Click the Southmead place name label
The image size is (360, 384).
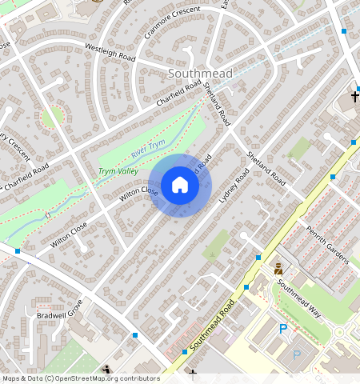point(201,74)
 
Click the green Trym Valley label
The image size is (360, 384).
point(118,171)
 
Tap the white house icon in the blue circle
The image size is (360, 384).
point(180,186)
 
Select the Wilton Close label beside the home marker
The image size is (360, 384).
point(138,193)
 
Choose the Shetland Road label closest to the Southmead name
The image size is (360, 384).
point(216,103)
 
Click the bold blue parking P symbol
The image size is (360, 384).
point(283,330)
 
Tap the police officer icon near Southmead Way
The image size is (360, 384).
point(278,269)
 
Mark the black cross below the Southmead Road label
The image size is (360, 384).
point(193,373)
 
